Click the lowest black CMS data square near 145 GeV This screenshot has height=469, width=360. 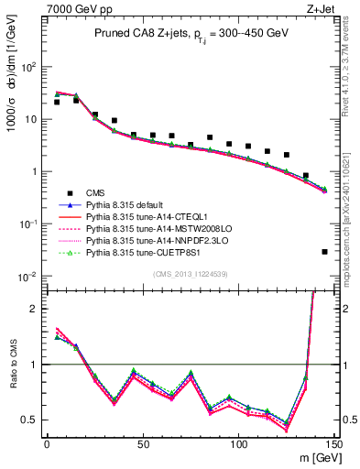point(325,252)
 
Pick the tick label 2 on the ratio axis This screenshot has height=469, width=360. point(35,309)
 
